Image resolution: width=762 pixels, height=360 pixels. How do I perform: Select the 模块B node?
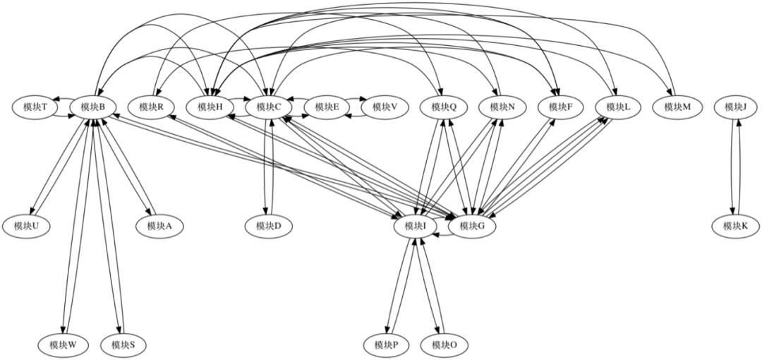coord(93,107)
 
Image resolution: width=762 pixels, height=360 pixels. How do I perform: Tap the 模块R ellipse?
coord(152,107)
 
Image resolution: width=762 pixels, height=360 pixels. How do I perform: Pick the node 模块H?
coord(210,107)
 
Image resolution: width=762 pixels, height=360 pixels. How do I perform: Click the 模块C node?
coord(269,107)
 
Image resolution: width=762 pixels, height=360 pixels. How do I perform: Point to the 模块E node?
coord(327,107)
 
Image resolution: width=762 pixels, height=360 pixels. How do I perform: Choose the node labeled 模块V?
coord(385,107)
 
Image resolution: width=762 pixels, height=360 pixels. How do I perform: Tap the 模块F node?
coord(560,107)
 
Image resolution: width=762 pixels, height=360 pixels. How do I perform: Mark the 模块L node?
coord(618,107)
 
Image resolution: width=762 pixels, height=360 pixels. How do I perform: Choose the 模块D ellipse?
coord(269,226)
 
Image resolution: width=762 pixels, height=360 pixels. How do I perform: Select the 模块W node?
coord(64,345)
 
